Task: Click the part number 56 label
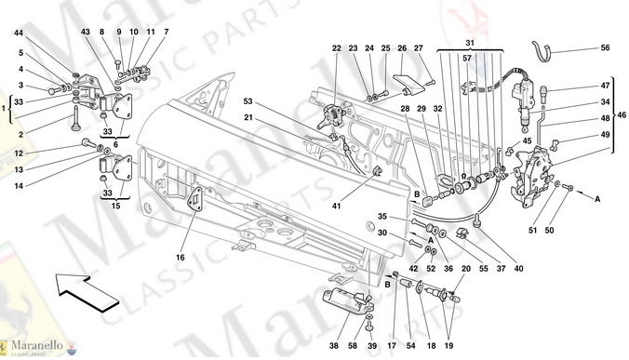605,47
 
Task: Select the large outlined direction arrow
87,290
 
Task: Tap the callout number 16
181,258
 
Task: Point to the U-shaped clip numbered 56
542,52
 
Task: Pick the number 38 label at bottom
334,345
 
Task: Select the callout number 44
19,33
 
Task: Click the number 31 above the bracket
470,43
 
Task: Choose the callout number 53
248,101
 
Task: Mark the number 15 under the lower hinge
115,207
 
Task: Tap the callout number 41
336,207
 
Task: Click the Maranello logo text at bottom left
37,345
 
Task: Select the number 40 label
518,269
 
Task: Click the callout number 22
336,48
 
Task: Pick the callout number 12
19,153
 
